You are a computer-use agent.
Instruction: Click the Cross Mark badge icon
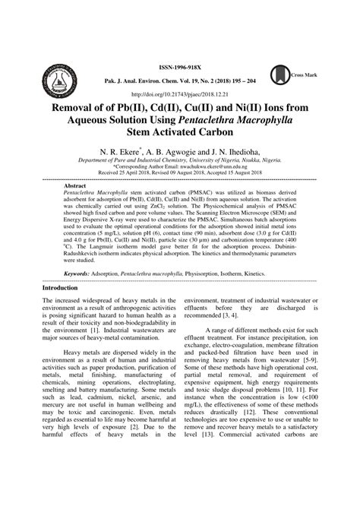pos(302,74)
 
